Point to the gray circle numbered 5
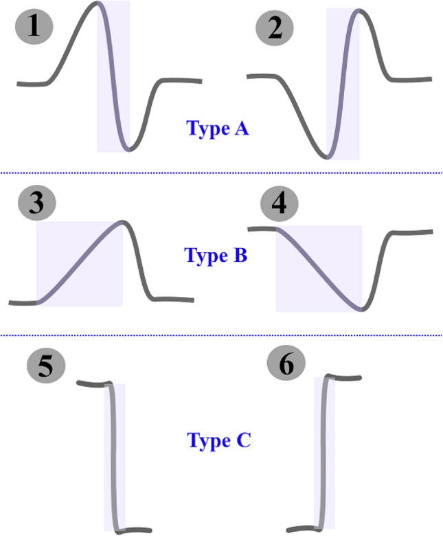click(45, 366)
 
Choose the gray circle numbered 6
click(285, 366)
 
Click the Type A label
click(217, 128)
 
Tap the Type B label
click(215, 256)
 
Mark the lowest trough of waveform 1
click(128, 149)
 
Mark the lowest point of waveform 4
click(361, 309)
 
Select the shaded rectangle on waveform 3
click(79, 265)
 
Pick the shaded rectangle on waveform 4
click(318, 268)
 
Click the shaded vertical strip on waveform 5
click(115, 457)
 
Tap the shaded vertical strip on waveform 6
click(325, 454)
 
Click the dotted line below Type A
click(221, 173)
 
